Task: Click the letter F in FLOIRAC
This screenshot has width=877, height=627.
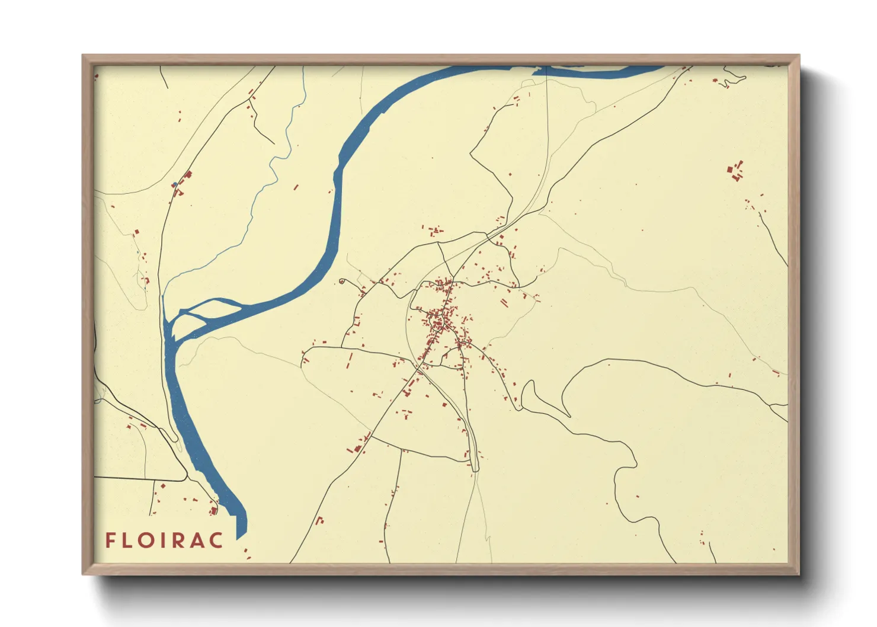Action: point(110,540)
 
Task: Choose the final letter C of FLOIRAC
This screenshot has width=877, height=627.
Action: point(217,540)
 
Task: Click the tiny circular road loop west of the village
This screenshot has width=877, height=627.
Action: point(342,281)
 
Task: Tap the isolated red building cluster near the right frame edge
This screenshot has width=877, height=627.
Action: point(735,170)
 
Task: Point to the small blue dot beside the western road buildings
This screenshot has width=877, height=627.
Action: point(174,185)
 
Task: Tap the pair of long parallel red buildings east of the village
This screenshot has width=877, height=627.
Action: point(504,302)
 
